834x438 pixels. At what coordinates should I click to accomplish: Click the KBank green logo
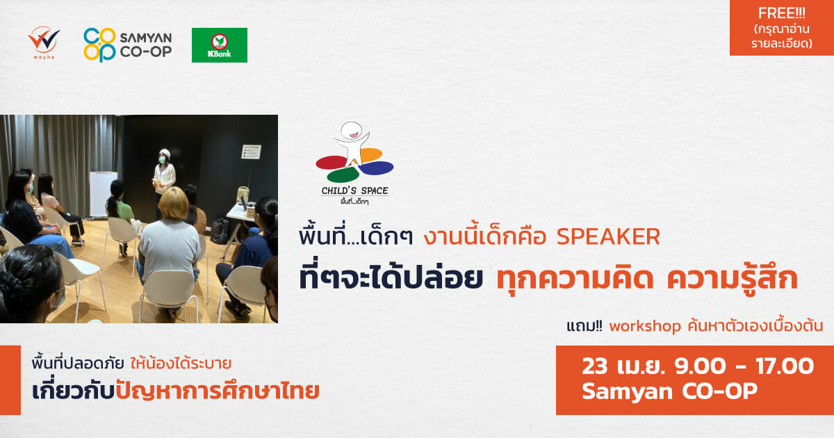coord(220,45)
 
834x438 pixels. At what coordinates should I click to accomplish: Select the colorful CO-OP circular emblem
coord(99,44)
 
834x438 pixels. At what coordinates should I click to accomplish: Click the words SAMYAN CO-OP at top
coord(145,44)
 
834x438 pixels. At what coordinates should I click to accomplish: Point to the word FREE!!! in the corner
coord(781,13)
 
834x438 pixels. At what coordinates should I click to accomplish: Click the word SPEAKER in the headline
coord(608,237)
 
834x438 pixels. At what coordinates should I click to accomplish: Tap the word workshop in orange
coord(645,326)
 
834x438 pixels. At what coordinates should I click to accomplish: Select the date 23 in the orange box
coord(594,366)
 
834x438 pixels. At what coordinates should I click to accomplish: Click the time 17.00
coord(785,366)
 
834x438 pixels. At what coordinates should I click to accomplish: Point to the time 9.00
coord(701,366)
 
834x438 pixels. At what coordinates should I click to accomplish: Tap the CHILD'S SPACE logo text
coord(355,190)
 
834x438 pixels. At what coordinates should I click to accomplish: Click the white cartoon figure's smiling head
coord(352,130)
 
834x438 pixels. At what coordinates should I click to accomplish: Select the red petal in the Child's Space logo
coord(332,163)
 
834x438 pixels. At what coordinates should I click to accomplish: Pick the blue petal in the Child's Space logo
coord(377,168)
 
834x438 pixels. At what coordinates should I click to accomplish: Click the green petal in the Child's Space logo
coord(343,175)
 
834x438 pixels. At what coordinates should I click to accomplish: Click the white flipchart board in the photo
coord(103,194)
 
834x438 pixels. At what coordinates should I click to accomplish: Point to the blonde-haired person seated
coord(170,246)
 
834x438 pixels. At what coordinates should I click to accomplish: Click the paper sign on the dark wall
coord(252,152)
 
